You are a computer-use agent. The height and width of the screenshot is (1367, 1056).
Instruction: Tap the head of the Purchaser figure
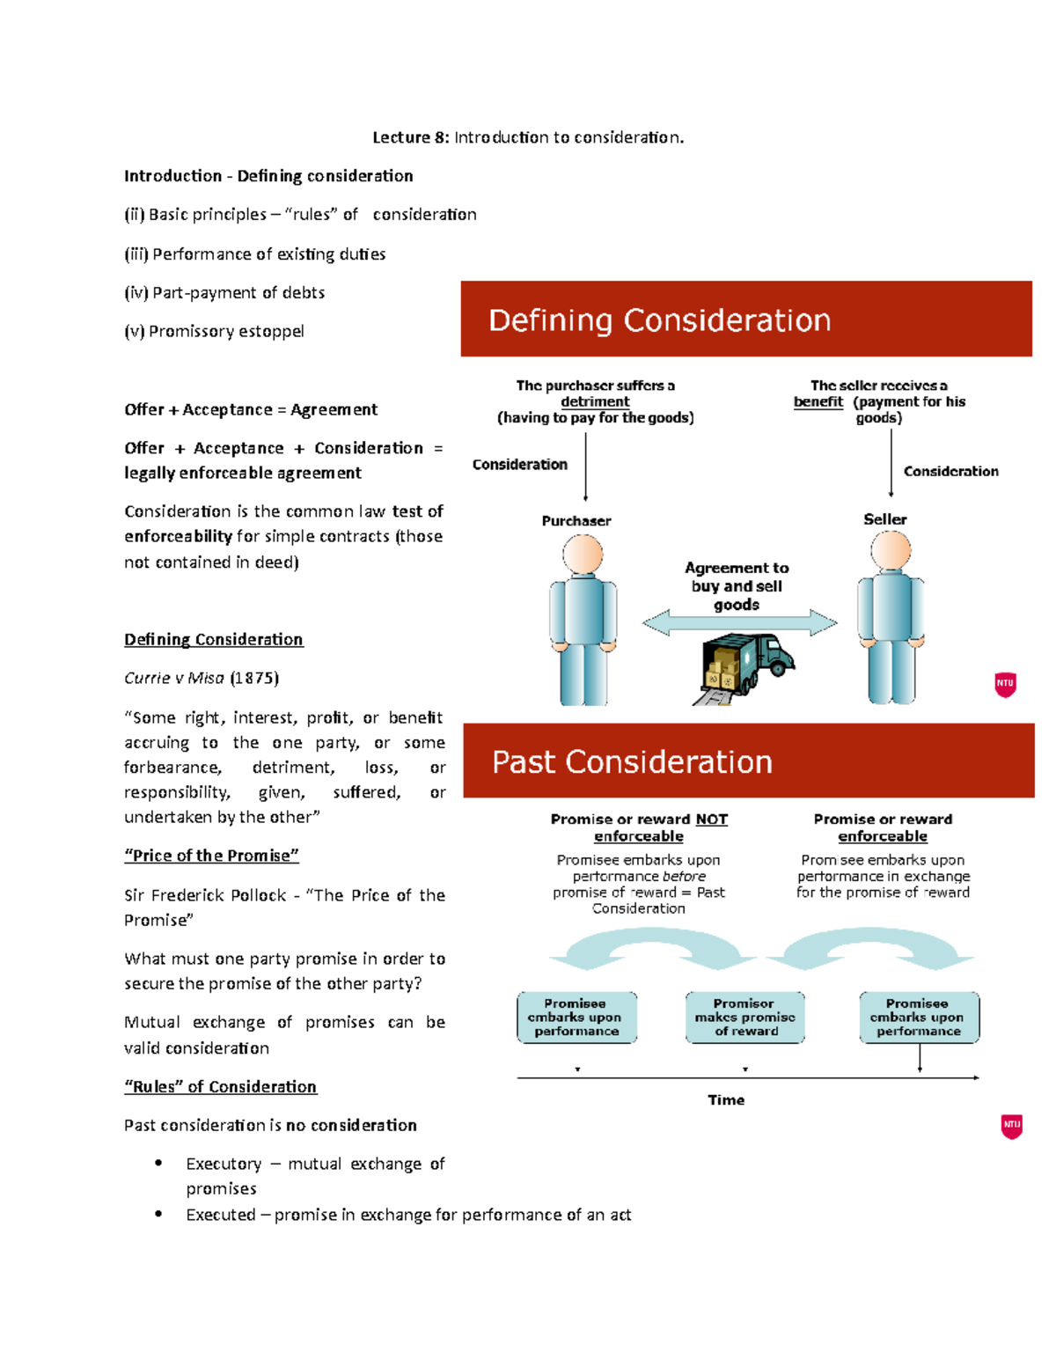[583, 555]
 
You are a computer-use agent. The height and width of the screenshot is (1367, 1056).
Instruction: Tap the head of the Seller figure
[891, 551]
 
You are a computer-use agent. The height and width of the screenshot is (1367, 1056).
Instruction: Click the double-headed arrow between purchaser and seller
[739, 623]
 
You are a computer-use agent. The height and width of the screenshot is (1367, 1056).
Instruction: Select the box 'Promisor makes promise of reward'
[745, 1018]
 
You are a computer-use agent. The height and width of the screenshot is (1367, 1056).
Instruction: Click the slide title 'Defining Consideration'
[659, 320]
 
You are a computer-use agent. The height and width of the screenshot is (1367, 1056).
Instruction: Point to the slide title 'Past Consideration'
[632, 762]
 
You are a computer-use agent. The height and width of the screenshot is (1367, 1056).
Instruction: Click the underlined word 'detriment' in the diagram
[595, 401]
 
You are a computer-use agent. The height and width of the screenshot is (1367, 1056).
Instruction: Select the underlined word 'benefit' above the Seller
[818, 401]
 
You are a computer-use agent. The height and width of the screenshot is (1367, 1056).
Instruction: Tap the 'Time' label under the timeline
[726, 1099]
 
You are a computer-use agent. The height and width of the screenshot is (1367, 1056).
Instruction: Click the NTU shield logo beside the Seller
[1005, 684]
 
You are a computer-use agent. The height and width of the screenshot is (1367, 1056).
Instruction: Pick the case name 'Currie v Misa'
[174, 678]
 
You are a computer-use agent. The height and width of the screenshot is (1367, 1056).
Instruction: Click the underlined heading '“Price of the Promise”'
[211, 856]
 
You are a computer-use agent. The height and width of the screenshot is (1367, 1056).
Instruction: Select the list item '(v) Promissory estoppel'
[214, 331]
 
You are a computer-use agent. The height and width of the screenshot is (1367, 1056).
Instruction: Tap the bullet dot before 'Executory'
[158, 1163]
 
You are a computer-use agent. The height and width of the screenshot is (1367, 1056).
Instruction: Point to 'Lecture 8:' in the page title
[411, 137]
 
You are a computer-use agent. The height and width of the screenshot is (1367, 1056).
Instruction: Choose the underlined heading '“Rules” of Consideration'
[220, 1086]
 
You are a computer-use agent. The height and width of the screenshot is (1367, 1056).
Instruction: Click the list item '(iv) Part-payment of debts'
[224, 292]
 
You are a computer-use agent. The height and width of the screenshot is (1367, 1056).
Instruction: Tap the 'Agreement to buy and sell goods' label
[737, 586]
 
